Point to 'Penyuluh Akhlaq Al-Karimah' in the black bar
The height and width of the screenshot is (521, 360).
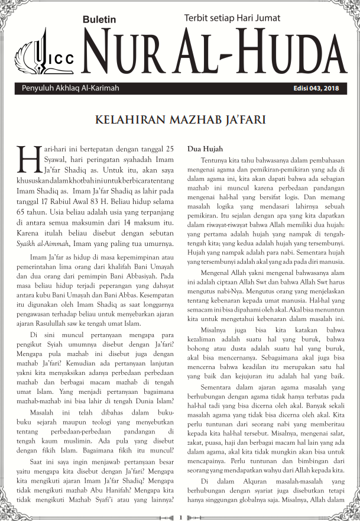[70, 88]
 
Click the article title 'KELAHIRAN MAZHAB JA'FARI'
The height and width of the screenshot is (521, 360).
[180, 121]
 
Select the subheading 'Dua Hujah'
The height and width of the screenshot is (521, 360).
[205, 148]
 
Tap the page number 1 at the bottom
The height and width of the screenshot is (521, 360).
[180, 516]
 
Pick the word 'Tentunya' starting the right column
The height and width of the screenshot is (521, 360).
[217, 160]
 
